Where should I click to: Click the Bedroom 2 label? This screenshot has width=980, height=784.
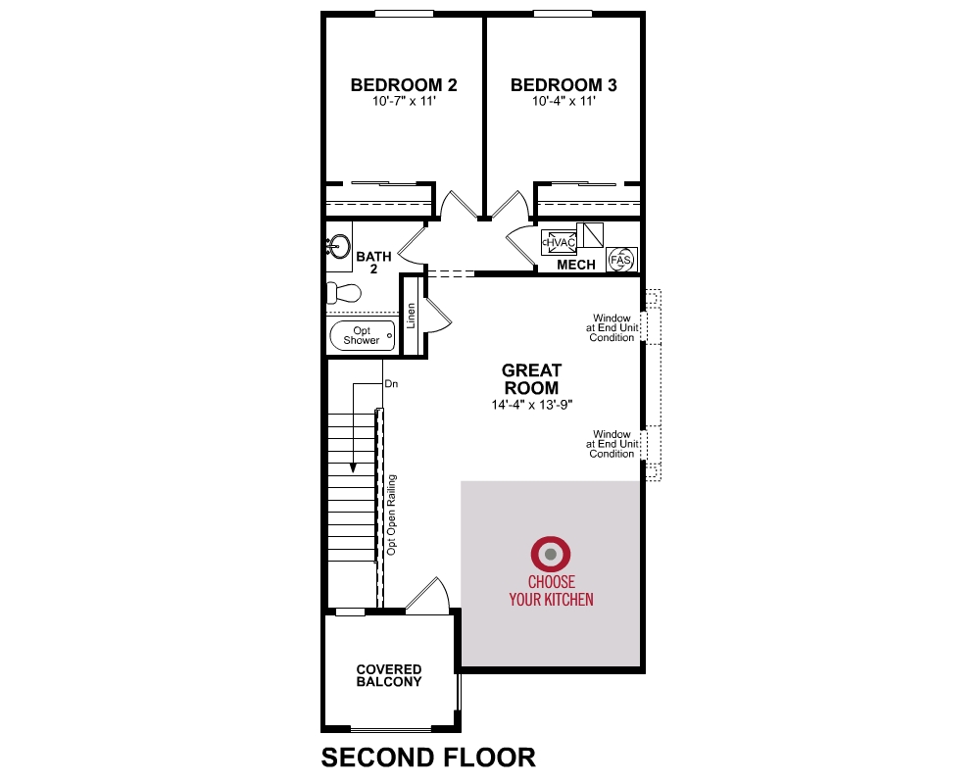tap(404, 85)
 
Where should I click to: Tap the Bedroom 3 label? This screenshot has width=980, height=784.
tap(563, 85)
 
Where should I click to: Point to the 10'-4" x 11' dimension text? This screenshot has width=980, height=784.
tap(563, 101)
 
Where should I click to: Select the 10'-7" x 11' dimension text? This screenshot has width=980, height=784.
tap(404, 101)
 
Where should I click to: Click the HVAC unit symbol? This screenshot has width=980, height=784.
tap(559, 242)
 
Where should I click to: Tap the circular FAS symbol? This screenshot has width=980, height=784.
tap(621, 260)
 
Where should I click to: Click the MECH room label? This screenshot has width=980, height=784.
tap(575, 265)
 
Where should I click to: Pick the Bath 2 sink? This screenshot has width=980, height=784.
tap(338, 246)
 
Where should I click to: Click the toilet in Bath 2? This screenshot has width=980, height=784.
tap(344, 292)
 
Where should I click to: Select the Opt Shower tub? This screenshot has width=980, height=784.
tap(362, 336)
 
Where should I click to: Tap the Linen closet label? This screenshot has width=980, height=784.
tap(412, 316)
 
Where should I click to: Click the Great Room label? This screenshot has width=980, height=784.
tap(532, 379)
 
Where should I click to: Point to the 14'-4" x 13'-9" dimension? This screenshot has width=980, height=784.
tap(532, 405)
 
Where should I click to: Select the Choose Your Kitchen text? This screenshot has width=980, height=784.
tap(551, 591)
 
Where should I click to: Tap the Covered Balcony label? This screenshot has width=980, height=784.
tap(389, 675)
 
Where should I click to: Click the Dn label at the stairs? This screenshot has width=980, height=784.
tap(391, 384)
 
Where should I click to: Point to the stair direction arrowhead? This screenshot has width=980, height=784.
tap(353, 467)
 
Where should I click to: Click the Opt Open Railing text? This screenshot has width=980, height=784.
tap(392, 514)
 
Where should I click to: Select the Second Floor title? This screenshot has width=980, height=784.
tap(428, 758)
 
